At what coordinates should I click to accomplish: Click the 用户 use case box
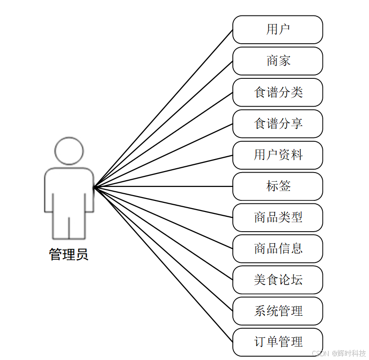(x=278, y=30)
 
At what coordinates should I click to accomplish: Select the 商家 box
(x=278, y=61)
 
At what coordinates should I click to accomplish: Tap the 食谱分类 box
(x=278, y=92)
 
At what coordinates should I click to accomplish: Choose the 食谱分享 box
(x=278, y=124)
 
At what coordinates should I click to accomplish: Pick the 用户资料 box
(x=278, y=155)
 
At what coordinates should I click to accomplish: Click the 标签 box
(x=278, y=186)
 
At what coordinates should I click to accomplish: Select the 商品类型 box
(x=278, y=217)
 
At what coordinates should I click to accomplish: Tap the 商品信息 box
(x=278, y=248)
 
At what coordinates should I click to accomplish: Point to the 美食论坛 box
(x=278, y=280)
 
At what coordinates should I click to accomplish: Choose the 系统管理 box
(x=278, y=311)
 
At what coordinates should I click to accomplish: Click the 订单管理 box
(x=278, y=342)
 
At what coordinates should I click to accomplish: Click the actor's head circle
(x=69, y=151)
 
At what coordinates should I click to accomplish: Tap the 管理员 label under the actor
(x=69, y=254)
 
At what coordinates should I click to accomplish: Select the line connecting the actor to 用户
(x=164, y=108)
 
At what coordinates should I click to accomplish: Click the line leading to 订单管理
(x=164, y=264)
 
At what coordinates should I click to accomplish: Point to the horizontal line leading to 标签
(x=164, y=186)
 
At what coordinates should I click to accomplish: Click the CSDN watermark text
(x=339, y=353)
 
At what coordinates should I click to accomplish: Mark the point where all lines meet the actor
(x=94, y=186)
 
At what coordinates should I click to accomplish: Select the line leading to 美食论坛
(x=164, y=233)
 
